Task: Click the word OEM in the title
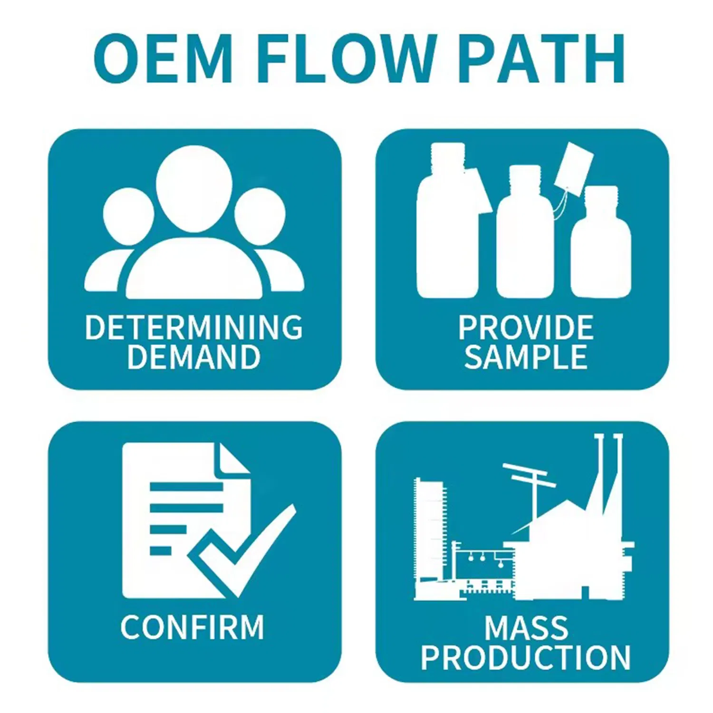[163, 58]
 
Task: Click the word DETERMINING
[194, 327]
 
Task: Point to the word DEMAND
[194, 356]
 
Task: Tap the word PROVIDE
[526, 327]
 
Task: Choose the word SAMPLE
[526, 356]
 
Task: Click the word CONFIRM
[192, 627]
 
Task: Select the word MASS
[526, 627]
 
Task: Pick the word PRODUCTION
[526, 657]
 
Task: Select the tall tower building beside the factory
[430, 537]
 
